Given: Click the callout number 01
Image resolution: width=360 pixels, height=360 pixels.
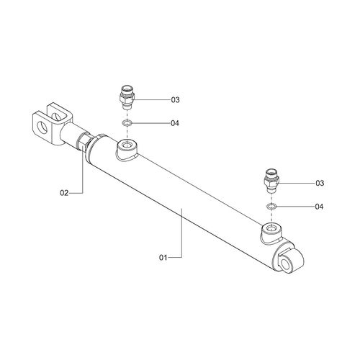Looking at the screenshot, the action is coord(163,258).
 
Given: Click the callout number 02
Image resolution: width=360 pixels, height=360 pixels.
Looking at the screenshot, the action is coord(64,193).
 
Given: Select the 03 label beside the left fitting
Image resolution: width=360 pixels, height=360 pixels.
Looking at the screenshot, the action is coord(175,99).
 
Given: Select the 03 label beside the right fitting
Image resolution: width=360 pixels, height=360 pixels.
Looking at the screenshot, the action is coord(320,183).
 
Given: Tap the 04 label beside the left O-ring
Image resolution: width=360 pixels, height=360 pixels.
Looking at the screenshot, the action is coord(175,123).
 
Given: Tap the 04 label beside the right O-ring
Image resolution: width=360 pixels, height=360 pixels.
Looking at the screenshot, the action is coord(319,207).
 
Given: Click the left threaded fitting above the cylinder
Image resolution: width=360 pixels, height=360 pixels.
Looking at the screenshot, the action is coord(127,97).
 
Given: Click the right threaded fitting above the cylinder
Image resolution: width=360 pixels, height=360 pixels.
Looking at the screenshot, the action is coord(271,181).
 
